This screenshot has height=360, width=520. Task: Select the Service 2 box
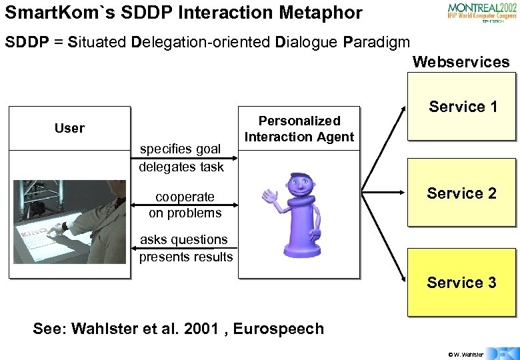[461, 193]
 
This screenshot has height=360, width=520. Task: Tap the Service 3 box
[461, 282]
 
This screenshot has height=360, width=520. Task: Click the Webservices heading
[461, 62]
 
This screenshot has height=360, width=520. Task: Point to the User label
[69, 128]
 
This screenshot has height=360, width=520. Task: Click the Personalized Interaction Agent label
[299, 129]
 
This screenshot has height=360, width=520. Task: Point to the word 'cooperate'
[185, 197]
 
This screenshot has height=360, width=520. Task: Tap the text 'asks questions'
[183, 239]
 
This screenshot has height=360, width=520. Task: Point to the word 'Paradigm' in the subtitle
[376, 41]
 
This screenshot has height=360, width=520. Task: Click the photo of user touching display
[69, 221]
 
